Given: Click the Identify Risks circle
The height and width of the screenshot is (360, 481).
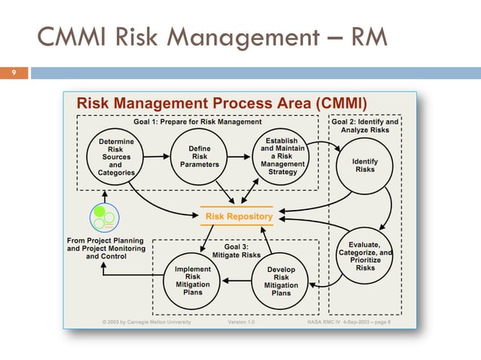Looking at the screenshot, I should click(x=366, y=165).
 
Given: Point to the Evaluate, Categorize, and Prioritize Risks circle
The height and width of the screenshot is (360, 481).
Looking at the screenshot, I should click(x=366, y=256).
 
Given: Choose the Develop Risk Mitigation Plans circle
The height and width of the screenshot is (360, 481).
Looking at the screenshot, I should click(x=281, y=281).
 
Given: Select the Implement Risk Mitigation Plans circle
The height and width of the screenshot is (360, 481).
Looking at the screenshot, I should click(x=192, y=280).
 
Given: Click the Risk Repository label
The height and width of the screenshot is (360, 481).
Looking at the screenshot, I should click(x=236, y=217).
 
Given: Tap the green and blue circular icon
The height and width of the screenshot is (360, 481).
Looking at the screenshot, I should click(x=102, y=218).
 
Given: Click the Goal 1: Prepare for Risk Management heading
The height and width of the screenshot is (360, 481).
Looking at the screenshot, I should click(x=198, y=121).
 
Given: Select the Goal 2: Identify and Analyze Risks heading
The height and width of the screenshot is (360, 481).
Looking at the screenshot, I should click(x=366, y=125).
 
